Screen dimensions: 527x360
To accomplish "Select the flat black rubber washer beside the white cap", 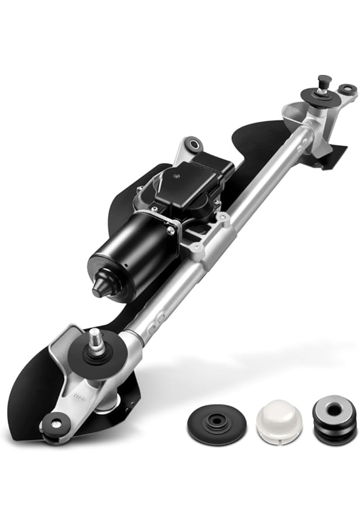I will coord(214,422).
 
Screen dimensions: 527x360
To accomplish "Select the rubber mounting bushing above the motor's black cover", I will coord(191,143).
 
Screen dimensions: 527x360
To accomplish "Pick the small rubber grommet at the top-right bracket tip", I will coord(348,90).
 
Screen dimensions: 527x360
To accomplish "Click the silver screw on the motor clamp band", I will coord(172,229).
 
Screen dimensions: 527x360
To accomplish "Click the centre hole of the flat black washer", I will coord(214,420).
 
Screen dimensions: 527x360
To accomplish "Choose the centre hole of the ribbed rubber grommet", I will coord(334,410).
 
